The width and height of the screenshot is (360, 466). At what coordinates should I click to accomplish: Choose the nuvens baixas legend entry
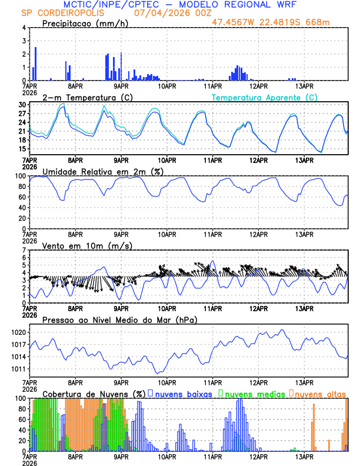[182, 393]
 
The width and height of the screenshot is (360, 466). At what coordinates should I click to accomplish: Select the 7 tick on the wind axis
[25, 250]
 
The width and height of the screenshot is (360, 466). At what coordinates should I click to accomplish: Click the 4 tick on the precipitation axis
[25, 28]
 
